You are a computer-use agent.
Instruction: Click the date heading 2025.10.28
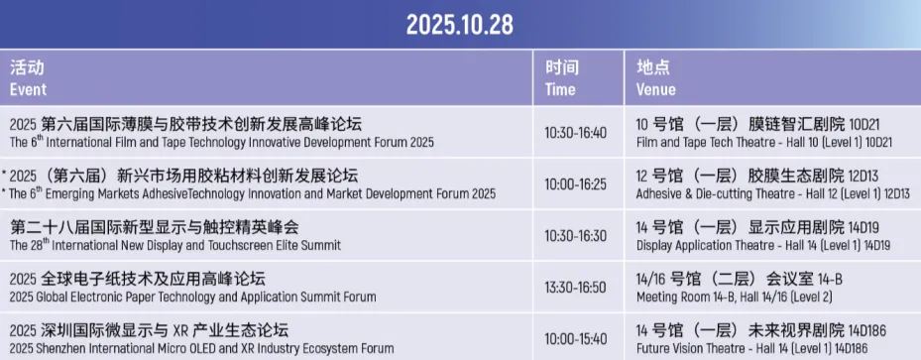click(460, 25)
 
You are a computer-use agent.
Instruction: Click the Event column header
click(28, 90)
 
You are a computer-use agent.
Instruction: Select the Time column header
click(560, 90)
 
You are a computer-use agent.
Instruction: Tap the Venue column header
click(656, 90)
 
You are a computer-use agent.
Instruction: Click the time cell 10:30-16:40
click(575, 133)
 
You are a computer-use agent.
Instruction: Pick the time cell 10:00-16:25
click(575, 184)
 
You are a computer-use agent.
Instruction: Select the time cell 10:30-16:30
click(575, 235)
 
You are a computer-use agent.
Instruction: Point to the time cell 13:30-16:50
click(575, 288)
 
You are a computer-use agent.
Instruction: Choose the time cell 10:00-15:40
click(575, 339)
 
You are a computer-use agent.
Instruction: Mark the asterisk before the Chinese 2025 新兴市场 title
click(5, 174)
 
